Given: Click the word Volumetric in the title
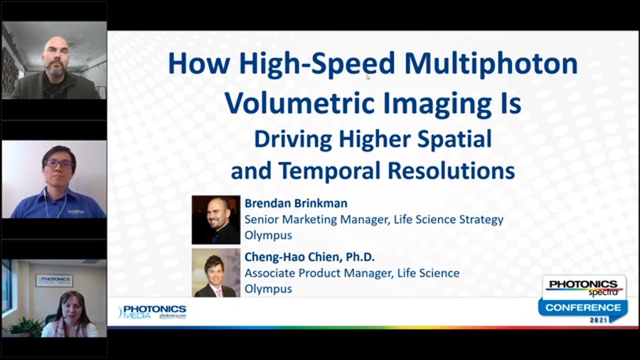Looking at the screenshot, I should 287,104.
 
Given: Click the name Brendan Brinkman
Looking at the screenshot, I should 296,203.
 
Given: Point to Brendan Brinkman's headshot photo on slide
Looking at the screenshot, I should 215,220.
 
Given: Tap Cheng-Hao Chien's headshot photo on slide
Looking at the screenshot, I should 215,272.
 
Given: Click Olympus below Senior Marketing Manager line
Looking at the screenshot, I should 268,235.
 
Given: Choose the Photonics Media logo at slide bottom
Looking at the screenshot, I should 152,312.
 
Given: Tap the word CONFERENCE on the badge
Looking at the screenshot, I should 582,307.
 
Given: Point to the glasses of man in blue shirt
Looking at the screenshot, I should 58,164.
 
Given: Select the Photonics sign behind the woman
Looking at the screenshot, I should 54,280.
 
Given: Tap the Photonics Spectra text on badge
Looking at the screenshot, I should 583,287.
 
